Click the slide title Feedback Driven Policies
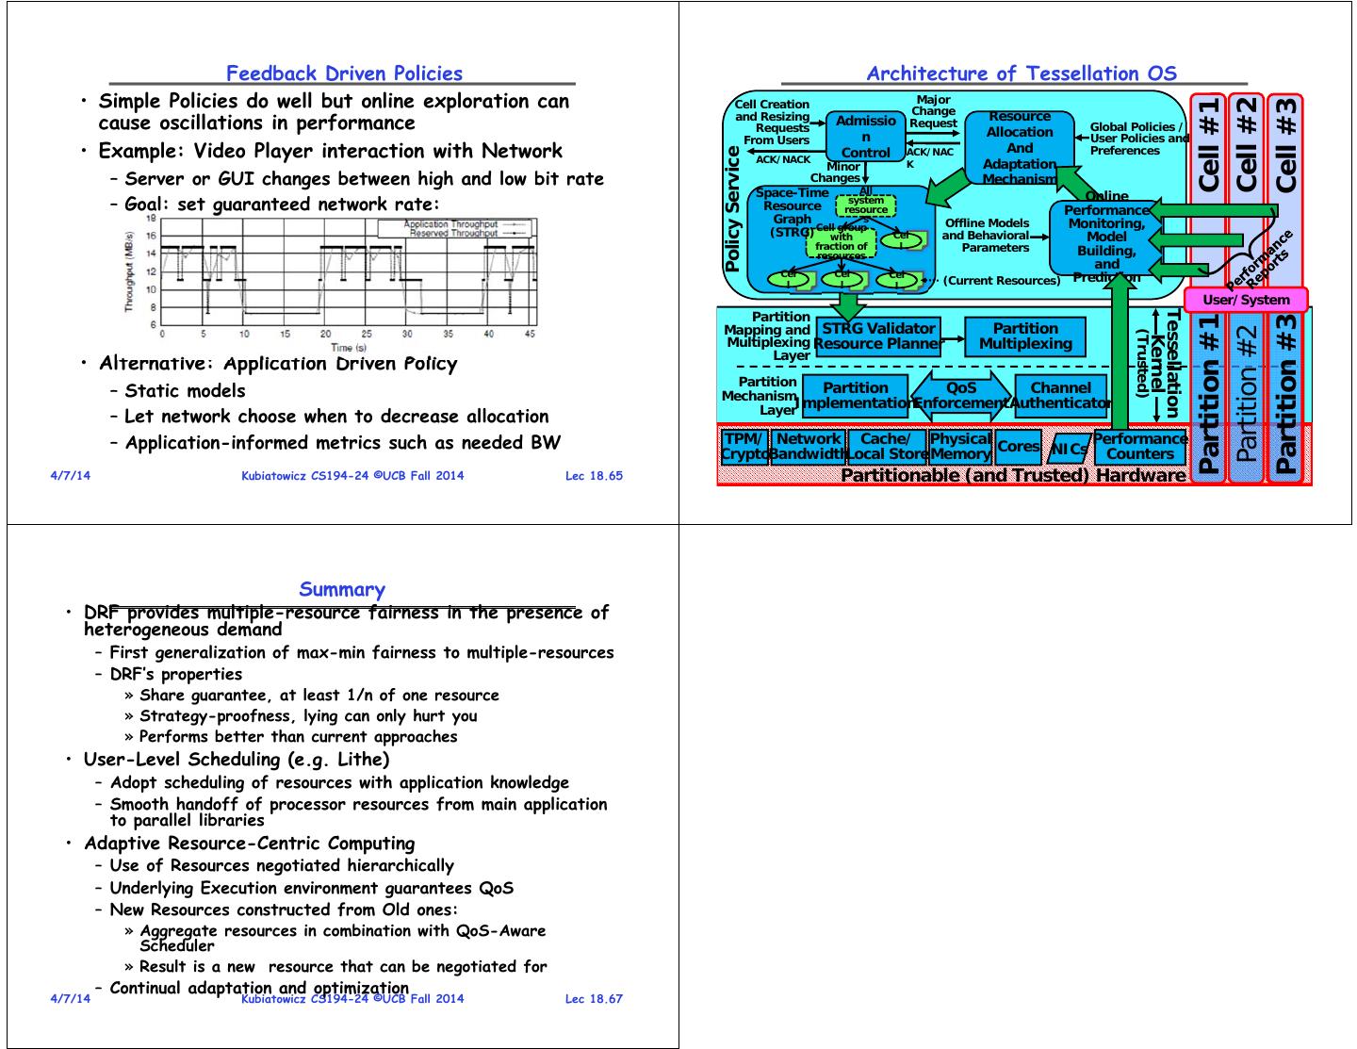point(344,74)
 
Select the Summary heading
point(342,590)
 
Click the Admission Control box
point(865,137)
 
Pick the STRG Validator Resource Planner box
point(878,336)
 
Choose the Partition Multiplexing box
point(1025,336)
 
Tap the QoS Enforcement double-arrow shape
point(961,396)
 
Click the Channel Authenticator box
point(1060,396)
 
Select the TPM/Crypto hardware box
point(744,447)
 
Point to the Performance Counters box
point(1139,447)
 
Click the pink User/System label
point(1246,300)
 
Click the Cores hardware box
point(1018,447)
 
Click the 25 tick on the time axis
point(367,334)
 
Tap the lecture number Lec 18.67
point(594,998)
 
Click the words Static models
point(185,391)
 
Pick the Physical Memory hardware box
point(960,447)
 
